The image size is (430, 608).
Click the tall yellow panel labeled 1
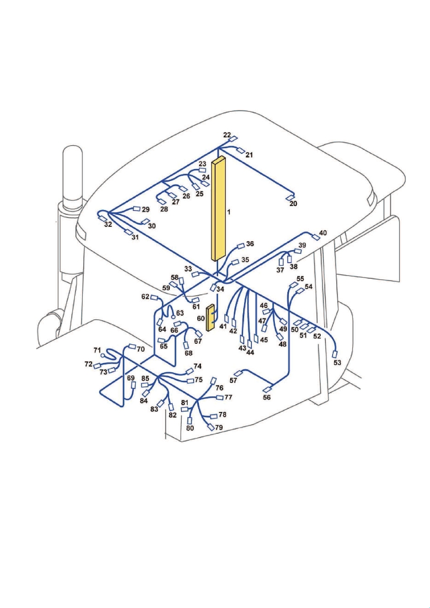[218, 209]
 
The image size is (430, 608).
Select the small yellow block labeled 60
[211, 318]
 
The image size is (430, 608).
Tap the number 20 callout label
[293, 203]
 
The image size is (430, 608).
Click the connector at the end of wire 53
[335, 354]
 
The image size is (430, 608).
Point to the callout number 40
[323, 233]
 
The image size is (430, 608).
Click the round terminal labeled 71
[103, 355]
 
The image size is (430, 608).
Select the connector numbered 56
[268, 390]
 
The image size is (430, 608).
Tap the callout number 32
[108, 225]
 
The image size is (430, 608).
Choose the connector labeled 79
[211, 428]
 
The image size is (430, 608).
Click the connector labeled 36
[241, 245]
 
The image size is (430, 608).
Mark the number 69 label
[131, 378]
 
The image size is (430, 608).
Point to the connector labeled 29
[137, 209]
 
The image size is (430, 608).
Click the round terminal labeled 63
[173, 317]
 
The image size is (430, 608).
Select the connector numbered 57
[238, 373]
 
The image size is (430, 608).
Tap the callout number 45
[264, 340]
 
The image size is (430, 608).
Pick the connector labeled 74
[190, 370]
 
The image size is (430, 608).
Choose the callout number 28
[164, 209]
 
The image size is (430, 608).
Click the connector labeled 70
[132, 346]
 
